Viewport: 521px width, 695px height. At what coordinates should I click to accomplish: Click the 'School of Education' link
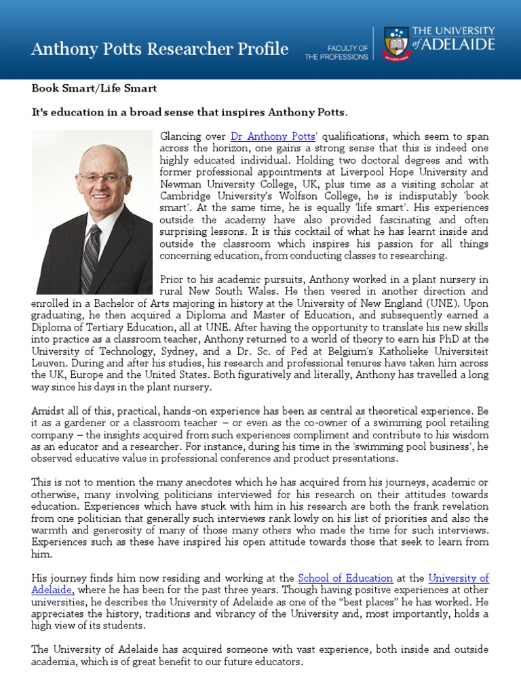pos(346,578)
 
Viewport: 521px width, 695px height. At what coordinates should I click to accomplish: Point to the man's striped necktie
pos(92,257)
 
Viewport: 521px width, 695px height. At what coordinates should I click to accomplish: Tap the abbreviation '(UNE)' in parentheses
pos(468,303)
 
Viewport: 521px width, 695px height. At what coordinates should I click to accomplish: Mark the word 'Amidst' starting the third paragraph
pos(48,411)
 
